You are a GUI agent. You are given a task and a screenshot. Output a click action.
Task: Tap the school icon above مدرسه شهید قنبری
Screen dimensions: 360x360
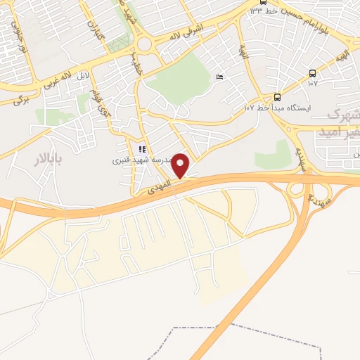click(x=142, y=149)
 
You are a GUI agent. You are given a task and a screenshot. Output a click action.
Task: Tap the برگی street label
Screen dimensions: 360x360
click(x=21, y=98)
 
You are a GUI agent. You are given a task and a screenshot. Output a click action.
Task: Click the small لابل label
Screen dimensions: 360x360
click(x=83, y=74)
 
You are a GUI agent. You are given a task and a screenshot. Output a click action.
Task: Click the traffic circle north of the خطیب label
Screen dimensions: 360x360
click(x=146, y=44)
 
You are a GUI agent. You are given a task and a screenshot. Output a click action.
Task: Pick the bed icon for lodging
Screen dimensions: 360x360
click(x=220, y=77)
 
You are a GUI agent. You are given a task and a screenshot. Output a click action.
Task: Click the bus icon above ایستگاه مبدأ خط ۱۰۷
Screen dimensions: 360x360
click(x=277, y=97)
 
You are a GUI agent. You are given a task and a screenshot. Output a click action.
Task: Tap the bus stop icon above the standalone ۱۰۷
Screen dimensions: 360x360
click(x=312, y=72)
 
